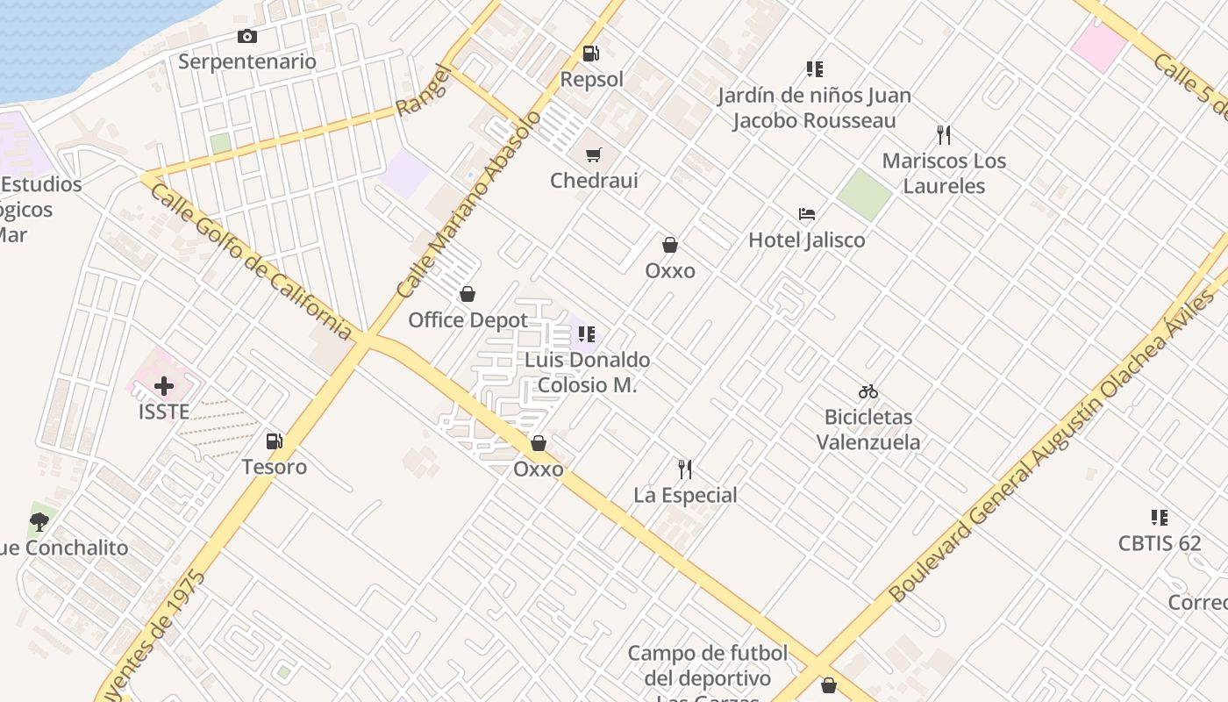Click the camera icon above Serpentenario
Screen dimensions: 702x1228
pyautogui.click(x=247, y=36)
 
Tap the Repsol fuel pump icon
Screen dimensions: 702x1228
pyautogui.click(x=591, y=54)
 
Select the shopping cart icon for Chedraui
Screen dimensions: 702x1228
pyautogui.click(x=594, y=155)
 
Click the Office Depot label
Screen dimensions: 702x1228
pyautogui.click(x=468, y=320)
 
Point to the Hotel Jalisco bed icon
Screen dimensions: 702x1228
pyautogui.click(x=807, y=214)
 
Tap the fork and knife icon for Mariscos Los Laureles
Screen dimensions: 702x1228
pyautogui.click(x=944, y=135)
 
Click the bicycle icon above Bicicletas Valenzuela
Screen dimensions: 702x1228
pyautogui.click(x=868, y=391)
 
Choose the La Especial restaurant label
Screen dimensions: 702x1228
pyautogui.click(x=685, y=495)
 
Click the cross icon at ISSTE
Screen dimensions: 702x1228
pyautogui.click(x=164, y=385)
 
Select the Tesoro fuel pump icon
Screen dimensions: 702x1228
pyautogui.click(x=275, y=441)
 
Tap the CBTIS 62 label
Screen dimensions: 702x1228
pyautogui.click(x=1159, y=543)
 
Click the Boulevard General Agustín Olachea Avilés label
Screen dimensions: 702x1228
pyautogui.click(x=1053, y=446)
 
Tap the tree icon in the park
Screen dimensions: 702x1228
pyautogui.click(x=39, y=522)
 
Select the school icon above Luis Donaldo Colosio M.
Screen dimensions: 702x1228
pyautogui.click(x=587, y=334)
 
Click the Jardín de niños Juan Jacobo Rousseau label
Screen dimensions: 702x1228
pyautogui.click(x=814, y=108)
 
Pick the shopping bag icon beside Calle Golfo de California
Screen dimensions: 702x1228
pyautogui.click(x=539, y=444)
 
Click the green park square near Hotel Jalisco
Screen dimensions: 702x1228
pyautogui.click(x=864, y=195)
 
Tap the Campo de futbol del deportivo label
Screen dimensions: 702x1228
pyautogui.click(x=707, y=665)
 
